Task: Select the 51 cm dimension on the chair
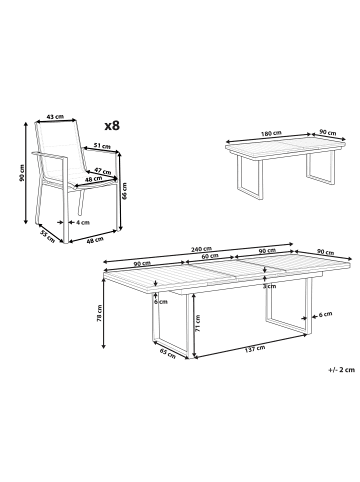[100, 145]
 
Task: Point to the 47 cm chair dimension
[100, 170]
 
